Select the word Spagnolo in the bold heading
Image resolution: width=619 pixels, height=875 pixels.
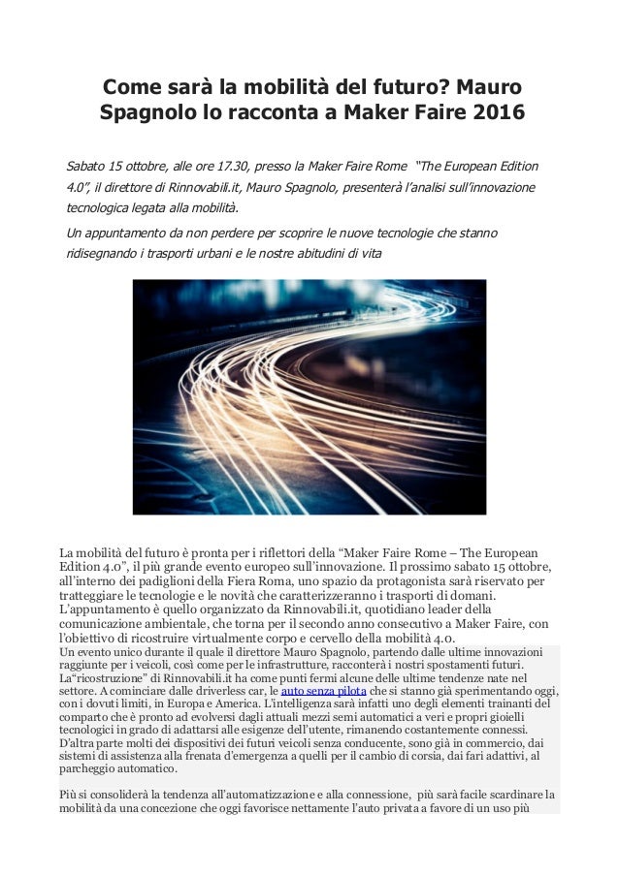point(144,112)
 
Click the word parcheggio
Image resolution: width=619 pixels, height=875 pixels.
point(94,771)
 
